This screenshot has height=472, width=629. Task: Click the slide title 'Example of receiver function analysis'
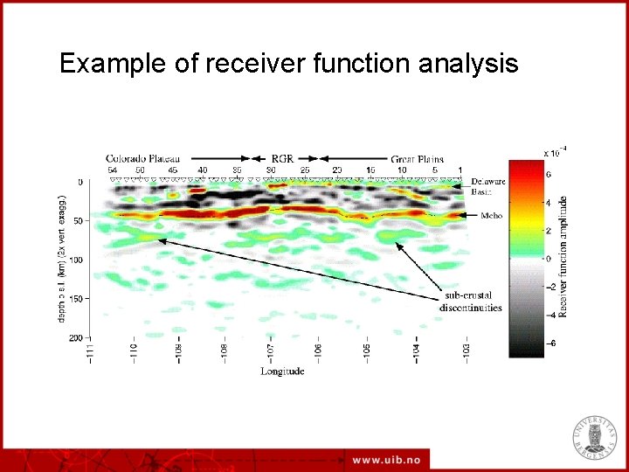(288, 64)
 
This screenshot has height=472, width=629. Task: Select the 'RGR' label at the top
(282, 157)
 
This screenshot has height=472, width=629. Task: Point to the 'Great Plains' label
(418, 157)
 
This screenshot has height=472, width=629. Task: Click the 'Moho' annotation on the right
(491, 215)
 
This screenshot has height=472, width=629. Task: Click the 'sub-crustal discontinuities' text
(472, 302)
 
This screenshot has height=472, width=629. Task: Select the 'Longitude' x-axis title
(283, 371)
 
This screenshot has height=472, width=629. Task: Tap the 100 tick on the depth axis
(76, 260)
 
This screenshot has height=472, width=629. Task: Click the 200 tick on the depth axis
(76, 337)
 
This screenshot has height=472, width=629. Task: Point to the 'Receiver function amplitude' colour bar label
(567, 255)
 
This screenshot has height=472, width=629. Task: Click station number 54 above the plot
(112, 170)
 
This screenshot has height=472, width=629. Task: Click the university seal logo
(594, 434)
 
